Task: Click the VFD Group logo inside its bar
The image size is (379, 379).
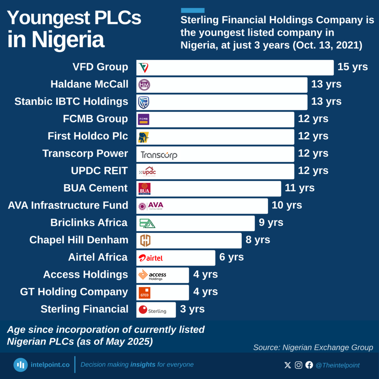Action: coord(144,68)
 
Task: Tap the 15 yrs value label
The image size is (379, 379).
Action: coord(352,67)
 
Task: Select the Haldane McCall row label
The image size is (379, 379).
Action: coord(89,84)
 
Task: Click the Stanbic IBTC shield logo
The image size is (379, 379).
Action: coord(144,102)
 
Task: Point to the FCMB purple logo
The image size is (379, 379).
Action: coord(144,120)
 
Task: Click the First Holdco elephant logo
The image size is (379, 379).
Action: coord(143,137)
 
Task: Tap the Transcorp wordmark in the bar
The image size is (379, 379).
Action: coord(159,155)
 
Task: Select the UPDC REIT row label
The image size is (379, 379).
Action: coord(99,171)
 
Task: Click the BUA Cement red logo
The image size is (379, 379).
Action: coord(144,189)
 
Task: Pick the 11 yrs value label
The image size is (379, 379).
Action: coord(299,188)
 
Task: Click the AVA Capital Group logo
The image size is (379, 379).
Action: coord(151,206)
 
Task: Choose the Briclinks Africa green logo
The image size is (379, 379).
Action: coord(147,223)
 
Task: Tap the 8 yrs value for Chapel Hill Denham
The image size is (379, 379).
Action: coord(258,240)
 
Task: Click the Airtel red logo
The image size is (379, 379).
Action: coord(151,258)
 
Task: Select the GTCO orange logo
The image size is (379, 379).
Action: coord(144,293)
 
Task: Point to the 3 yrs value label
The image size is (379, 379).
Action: coord(192,309)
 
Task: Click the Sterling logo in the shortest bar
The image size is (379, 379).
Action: coord(152,310)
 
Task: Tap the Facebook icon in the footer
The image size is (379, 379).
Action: coord(309,365)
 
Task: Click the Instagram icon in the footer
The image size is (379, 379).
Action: coord(298,365)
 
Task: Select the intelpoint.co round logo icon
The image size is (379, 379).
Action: coord(21,365)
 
